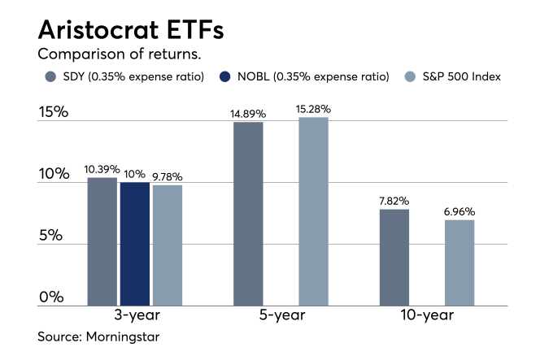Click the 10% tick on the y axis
52,174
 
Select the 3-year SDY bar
102,241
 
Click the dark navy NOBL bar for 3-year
134,244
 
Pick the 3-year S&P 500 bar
167,245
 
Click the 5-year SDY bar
248,214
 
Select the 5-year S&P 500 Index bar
313,211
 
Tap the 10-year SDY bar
394,257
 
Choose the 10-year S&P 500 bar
459,262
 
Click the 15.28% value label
315,109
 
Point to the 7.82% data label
394,201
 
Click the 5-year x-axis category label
280,316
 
